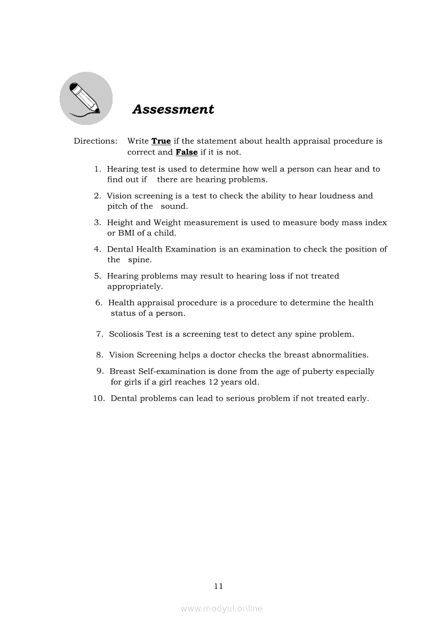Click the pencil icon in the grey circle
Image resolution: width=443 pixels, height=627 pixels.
pyautogui.click(x=85, y=98)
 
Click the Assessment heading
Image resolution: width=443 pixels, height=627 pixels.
pyautogui.click(x=173, y=109)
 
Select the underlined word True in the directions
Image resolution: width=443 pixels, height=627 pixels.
pyautogui.click(x=161, y=142)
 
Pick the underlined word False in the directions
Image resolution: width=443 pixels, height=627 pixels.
pyautogui.click(x=187, y=152)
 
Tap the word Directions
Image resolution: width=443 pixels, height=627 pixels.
pyautogui.click(x=95, y=142)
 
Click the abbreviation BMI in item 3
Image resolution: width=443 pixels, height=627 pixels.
pyautogui.click(x=125, y=233)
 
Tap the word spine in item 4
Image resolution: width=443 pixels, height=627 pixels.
pyautogui.click(x=139, y=260)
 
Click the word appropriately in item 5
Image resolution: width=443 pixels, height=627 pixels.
pyautogui.click(x=135, y=287)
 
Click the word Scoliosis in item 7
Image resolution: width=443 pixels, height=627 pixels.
pyautogui.click(x=128, y=334)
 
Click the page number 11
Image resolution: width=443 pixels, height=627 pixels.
pyautogui.click(x=218, y=586)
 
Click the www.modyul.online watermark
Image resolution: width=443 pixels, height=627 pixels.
pyautogui.click(x=222, y=609)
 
